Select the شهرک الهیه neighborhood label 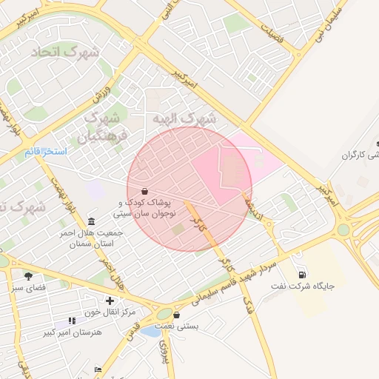coord(185,118)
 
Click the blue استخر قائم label coord(45,152)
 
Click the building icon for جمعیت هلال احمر coord(91,222)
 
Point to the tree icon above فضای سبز coord(29,276)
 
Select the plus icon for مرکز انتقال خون coord(110,301)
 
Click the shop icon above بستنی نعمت coord(176,315)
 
